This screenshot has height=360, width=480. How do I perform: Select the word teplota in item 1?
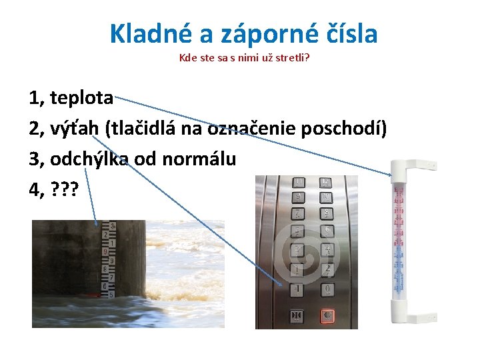click(x=81, y=99)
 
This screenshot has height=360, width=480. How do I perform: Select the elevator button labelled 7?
click(x=299, y=213)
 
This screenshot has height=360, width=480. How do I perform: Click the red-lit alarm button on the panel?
click(x=327, y=315)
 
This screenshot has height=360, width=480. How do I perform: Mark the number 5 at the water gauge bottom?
click(x=111, y=294)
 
